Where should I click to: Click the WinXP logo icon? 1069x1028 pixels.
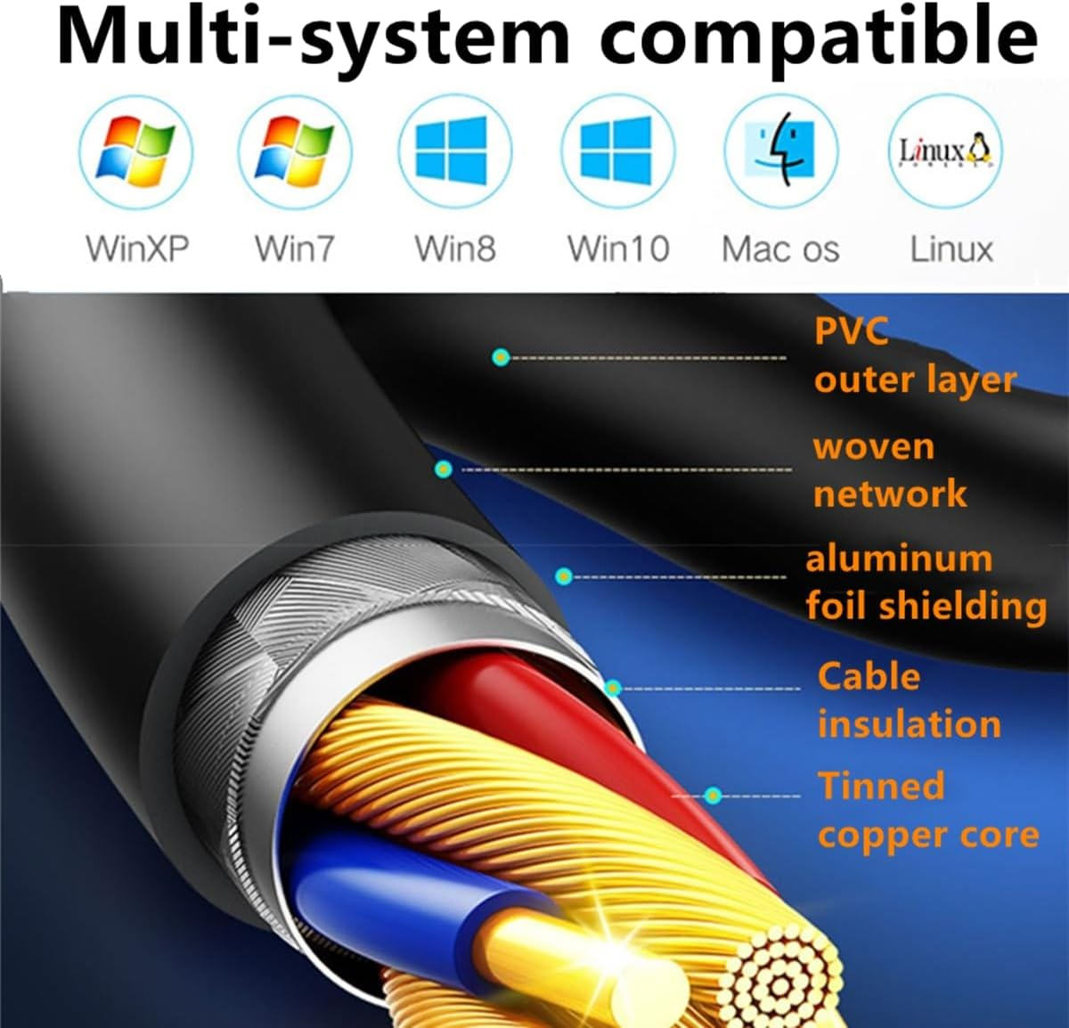tap(135, 151)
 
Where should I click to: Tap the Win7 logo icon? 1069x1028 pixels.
tap(295, 151)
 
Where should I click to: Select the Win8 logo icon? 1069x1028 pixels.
tap(453, 151)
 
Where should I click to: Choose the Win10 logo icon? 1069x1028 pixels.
tap(616, 151)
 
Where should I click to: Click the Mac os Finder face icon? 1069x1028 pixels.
tap(780, 151)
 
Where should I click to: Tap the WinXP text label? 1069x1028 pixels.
tap(137, 249)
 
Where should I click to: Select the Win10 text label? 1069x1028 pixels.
tap(618, 249)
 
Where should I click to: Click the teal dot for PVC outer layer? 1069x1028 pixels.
tap(501, 357)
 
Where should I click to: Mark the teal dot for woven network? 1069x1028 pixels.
tap(444, 469)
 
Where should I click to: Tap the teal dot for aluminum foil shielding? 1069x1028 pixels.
tap(563, 576)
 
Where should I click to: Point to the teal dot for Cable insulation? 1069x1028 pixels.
tap(613, 688)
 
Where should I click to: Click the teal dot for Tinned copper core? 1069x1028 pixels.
tap(713, 795)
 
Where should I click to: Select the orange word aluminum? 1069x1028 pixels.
tap(898, 559)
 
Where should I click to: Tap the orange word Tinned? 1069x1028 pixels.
tap(880, 787)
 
